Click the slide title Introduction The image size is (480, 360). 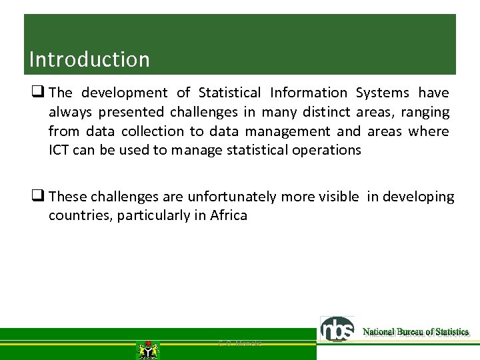coord(89,59)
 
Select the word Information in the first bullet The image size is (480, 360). coord(309,93)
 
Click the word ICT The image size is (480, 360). coord(59,150)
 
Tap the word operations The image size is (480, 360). coord(327,150)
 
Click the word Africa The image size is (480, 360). coord(229,215)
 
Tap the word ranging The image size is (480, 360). coord(425,112)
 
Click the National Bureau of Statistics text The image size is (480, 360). coord(415,332)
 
